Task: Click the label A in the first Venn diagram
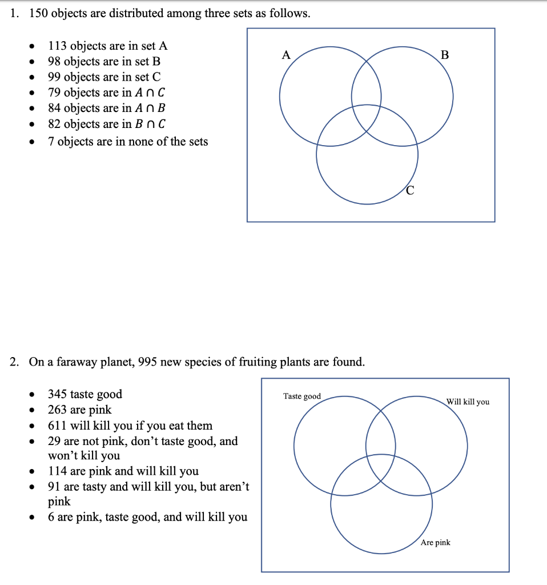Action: point(287,55)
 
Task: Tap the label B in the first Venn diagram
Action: point(445,55)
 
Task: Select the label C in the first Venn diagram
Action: point(411,191)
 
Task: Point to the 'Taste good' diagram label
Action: point(302,396)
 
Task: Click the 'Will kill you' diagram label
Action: point(468,402)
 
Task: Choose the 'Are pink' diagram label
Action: point(435,542)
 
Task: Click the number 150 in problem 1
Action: point(39,14)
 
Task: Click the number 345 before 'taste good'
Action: point(58,394)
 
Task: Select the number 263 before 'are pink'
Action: point(58,410)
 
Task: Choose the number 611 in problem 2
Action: point(58,426)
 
